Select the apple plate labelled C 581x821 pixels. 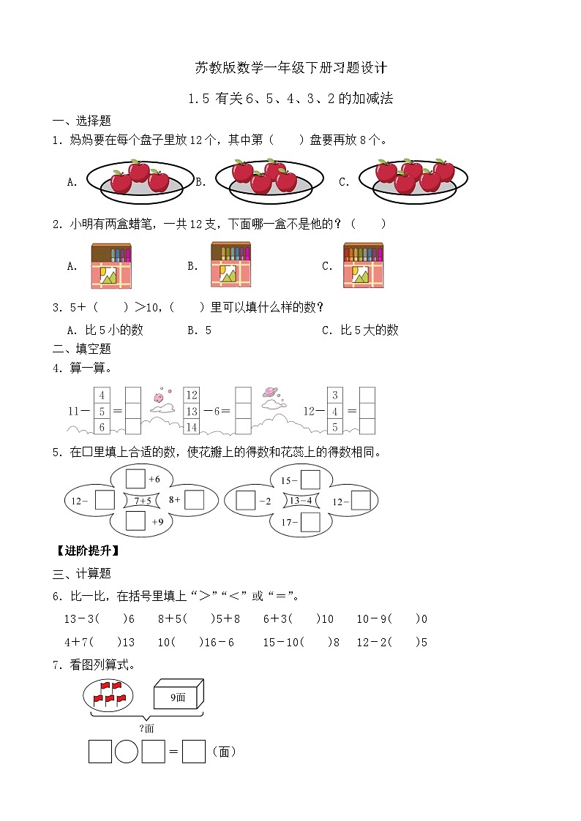click(x=413, y=180)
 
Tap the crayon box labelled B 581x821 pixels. click(x=230, y=265)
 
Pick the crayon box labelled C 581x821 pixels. click(x=363, y=265)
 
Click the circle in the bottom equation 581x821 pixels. click(x=127, y=752)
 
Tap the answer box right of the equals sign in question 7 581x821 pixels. click(x=194, y=752)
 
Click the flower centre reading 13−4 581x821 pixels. click(x=301, y=501)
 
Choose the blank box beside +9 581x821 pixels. click(x=135, y=521)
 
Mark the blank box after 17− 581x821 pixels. click(x=310, y=522)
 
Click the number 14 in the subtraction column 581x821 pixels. click(x=192, y=427)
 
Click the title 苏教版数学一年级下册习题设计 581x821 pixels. click(x=290, y=68)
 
